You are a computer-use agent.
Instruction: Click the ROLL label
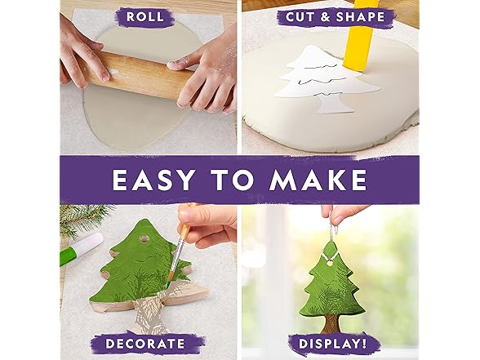tap(144, 17)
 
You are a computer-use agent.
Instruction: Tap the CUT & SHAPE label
tap(336, 17)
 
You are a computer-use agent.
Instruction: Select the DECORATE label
tap(144, 344)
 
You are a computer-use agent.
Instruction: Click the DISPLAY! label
tap(332, 344)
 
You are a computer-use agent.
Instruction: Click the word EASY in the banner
tap(153, 180)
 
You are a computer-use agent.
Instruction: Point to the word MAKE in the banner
tap(318, 180)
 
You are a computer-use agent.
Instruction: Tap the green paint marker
tap(81, 248)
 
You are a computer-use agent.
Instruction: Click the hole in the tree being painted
tap(144, 239)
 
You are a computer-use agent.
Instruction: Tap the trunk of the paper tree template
tap(333, 104)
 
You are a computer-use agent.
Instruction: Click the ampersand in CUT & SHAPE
tap(325, 17)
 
